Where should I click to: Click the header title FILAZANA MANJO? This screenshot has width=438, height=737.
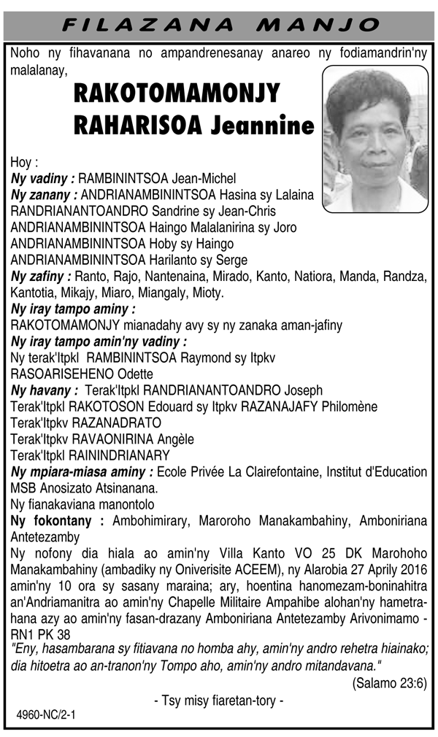point(218,26)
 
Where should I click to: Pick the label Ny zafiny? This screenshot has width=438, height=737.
point(41,277)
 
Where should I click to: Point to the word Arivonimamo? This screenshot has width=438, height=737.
point(379,618)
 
